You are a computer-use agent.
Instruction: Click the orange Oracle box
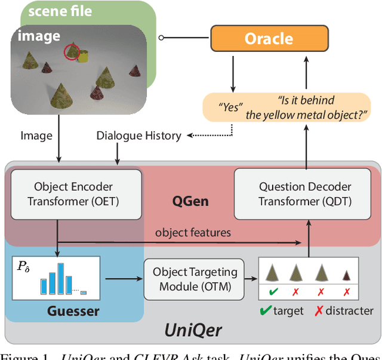(269, 39)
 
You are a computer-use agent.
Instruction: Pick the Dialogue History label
(139, 136)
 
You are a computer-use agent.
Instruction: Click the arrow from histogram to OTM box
(123, 278)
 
